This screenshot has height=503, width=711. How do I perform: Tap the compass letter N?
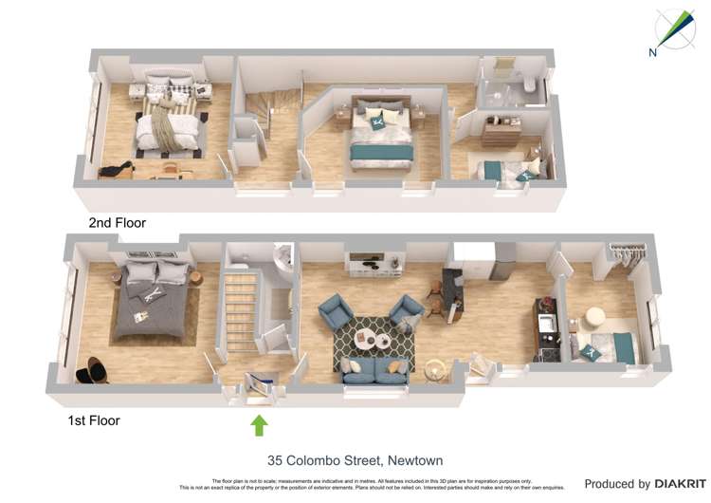653,53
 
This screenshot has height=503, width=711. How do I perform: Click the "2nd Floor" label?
118,223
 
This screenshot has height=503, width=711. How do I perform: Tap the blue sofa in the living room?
375,370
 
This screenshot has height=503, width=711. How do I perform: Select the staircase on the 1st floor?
242,308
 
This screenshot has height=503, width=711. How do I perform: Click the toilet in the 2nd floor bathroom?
527,90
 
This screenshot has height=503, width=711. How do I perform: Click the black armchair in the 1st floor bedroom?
94,371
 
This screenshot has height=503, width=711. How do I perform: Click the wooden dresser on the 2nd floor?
501,131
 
